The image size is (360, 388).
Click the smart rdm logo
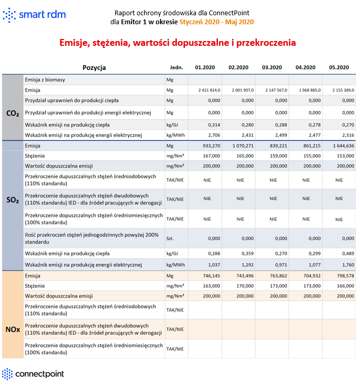pyautogui.click(x=34, y=15)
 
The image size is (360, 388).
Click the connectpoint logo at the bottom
pyautogui.click(x=33, y=374)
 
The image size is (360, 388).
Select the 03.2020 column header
pyautogui.click(x=272, y=67)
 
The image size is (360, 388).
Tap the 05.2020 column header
pyautogui.click(x=339, y=67)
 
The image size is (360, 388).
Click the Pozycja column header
pyautogui.click(x=94, y=67)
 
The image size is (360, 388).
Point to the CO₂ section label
pyautogui.click(x=13, y=113)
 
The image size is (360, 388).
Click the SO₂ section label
pyautogui.click(x=13, y=201)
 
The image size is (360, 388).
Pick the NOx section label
pyautogui.click(x=13, y=330)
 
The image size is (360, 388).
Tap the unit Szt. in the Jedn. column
pyautogui.click(x=170, y=238)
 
